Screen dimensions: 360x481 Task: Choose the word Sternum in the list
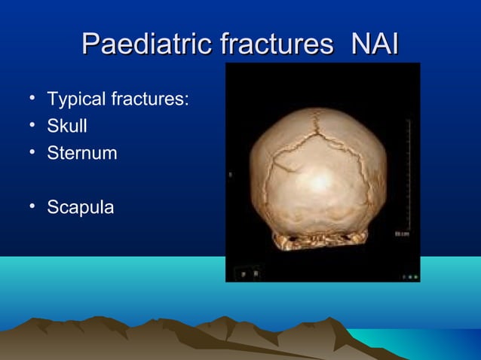point(81,153)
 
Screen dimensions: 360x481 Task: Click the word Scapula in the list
point(80,207)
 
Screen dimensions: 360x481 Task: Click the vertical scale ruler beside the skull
point(407,173)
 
